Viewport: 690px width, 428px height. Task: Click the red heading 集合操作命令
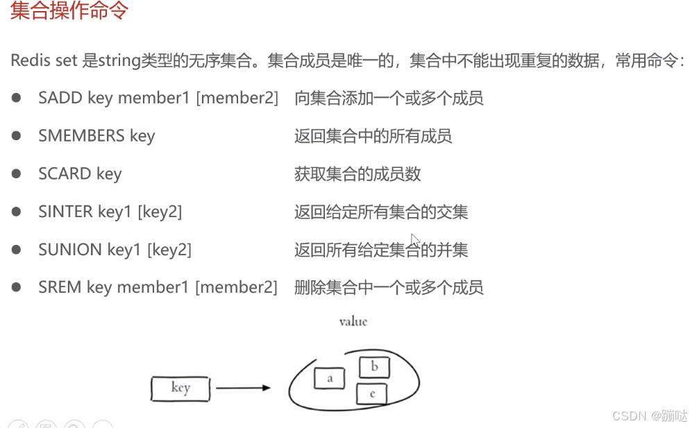69,12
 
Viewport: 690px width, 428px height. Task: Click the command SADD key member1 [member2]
158,98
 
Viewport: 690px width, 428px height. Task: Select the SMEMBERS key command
96,135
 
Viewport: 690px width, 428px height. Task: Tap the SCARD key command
80,173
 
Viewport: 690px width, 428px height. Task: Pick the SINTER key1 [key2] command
110,212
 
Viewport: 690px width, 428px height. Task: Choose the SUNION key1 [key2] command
115,249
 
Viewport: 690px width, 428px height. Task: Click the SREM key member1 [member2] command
158,286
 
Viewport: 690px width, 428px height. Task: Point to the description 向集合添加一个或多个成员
389,98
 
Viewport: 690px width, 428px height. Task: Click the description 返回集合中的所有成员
373,136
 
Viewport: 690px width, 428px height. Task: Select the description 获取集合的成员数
357,173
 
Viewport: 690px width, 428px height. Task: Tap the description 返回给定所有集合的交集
381,212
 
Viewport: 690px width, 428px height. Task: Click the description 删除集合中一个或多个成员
389,286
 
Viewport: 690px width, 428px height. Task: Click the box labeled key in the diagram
180,388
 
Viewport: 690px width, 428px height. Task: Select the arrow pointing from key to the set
243,388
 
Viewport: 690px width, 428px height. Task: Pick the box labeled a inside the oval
330,378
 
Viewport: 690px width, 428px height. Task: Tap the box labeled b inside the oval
374,366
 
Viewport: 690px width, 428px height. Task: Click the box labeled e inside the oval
371,394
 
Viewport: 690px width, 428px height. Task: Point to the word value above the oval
353,322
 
